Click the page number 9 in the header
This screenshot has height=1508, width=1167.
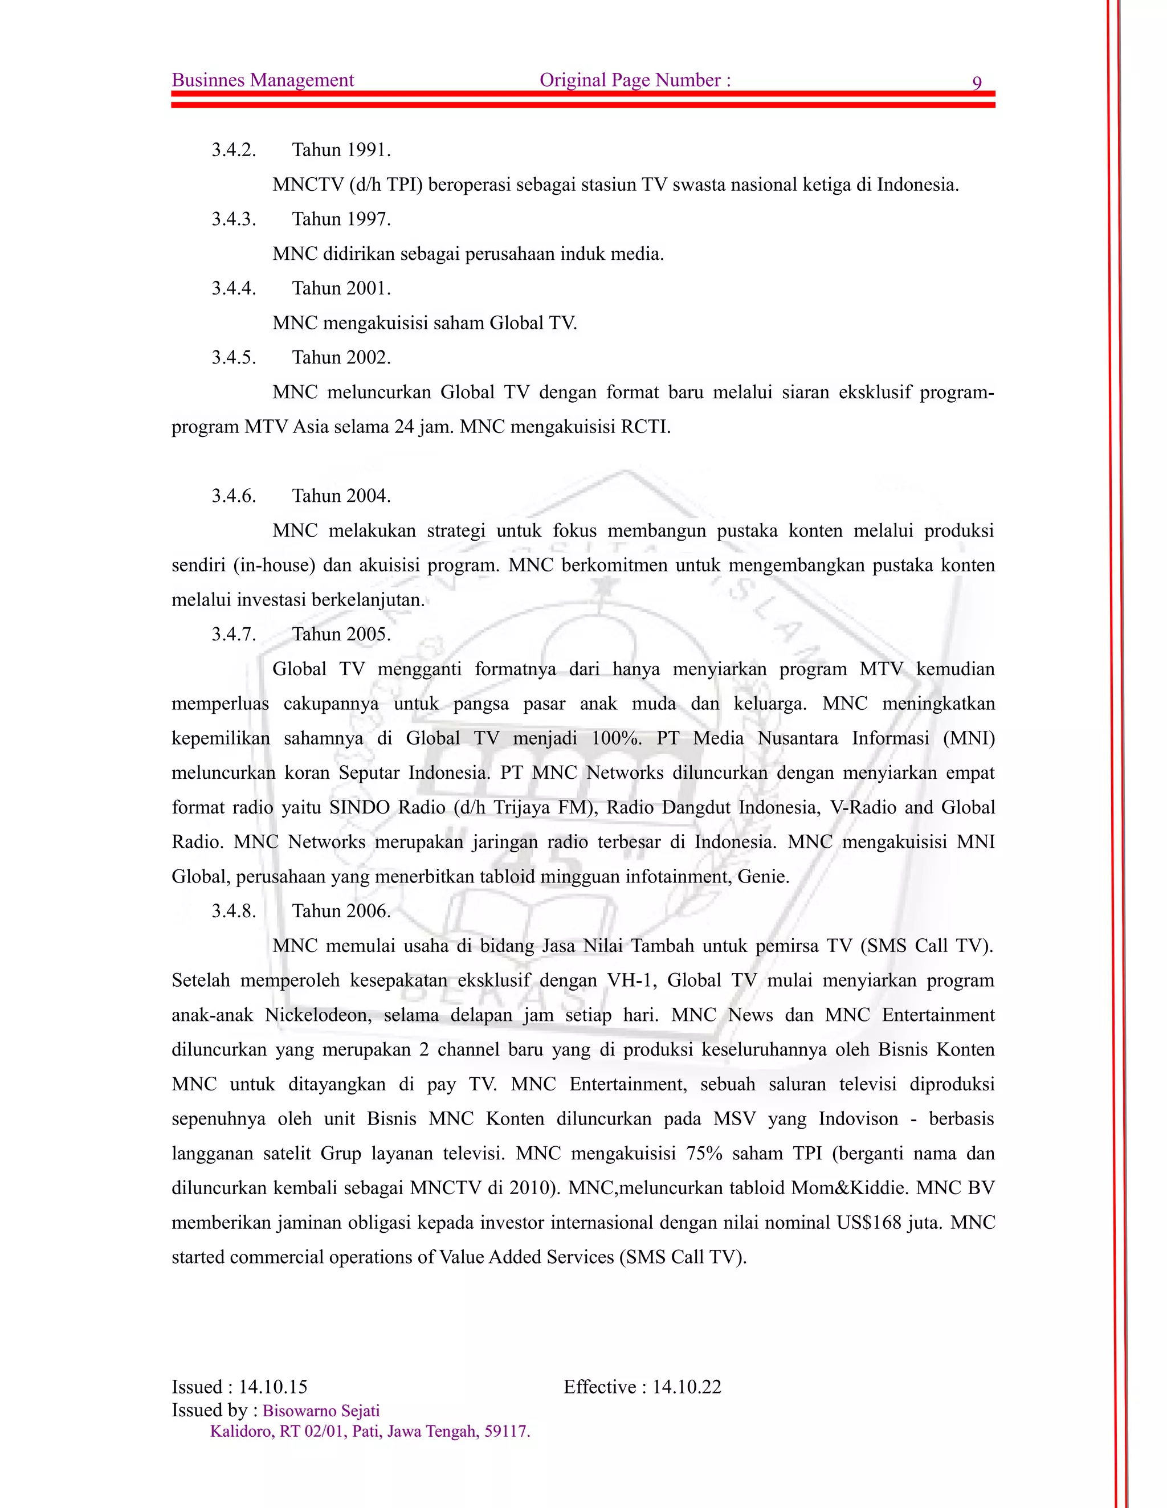point(977,83)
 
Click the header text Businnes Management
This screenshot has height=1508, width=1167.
point(262,80)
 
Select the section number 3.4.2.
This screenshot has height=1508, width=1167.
point(234,150)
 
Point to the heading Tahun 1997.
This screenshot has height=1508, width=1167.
point(341,219)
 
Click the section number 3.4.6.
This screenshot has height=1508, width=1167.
point(234,496)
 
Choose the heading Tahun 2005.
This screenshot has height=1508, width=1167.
point(341,634)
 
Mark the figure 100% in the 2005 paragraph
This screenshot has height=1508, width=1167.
point(616,738)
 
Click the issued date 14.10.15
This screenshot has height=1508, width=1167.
point(273,1387)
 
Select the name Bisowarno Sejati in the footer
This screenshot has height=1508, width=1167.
point(321,1410)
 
